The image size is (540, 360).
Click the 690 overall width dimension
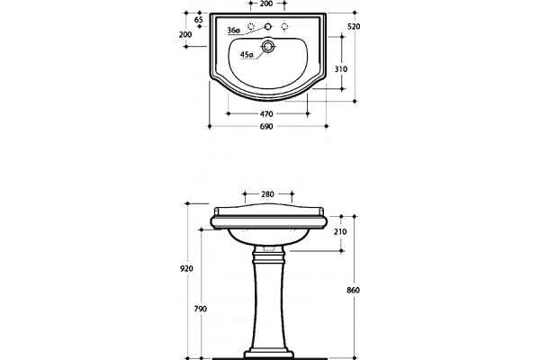click(266, 126)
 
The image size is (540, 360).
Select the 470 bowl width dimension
click(266, 113)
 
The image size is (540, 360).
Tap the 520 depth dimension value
click(354, 26)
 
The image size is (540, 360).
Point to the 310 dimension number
click(341, 69)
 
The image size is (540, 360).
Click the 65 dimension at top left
click(199, 20)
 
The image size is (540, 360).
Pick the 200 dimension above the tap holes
click(266, 4)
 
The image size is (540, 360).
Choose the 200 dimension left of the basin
click(185, 34)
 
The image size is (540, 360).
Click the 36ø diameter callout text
click(233, 31)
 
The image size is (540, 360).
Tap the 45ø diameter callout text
click(247, 54)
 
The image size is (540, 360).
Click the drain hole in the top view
click(267, 46)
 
